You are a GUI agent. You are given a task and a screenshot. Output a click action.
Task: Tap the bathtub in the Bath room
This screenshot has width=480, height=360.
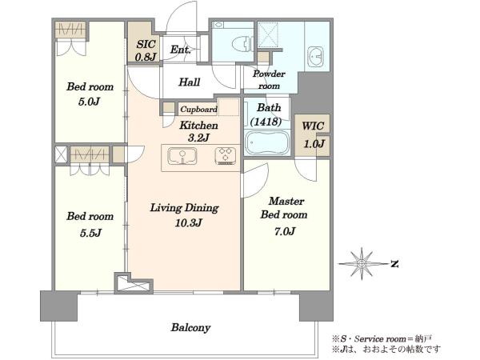pyautogui.click(x=267, y=142)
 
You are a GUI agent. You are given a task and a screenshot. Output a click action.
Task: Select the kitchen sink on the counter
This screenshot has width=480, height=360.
pyautogui.click(x=182, y=156)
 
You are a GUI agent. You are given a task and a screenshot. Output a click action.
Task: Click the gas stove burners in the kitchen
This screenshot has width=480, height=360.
pyautogui.click(x=226, y=156)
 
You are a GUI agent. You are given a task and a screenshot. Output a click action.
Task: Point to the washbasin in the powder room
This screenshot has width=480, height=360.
pyautogui.click(x=315, y=56)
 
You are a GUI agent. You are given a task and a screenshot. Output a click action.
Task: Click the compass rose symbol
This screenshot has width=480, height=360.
pyautogui.click(x=362, y=263)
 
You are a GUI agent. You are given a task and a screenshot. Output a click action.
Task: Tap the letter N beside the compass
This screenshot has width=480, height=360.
pyautogui.click(x=394, y=264)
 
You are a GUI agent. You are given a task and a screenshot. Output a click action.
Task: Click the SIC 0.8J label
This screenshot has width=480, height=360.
pyautogui.click(x=146, y=50)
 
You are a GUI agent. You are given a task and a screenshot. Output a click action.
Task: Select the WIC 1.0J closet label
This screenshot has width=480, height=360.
pyautogui.click(x=313, y=134)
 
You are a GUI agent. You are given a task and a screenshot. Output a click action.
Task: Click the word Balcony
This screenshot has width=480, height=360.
pyautogui.click(x=190, y=328)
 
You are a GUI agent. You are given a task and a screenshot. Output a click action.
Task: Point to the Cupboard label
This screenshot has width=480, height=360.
pyautogui.click(x=198, y=110)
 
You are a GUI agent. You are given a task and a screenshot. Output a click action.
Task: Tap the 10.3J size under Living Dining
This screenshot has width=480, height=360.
pyautogui.click(x=189, y=223)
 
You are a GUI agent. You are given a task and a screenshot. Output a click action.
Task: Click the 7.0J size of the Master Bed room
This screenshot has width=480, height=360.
pyautogui.click(x=285, y=231)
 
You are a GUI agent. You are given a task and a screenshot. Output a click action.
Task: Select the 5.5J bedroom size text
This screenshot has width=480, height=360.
pyautogui.click(x=90, y=234)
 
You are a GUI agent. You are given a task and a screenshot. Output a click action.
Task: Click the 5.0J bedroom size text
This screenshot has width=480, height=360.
pyautogui.click(x=89, y=102)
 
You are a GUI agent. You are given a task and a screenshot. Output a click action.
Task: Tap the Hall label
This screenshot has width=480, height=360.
pyautogui.click(x=189, y=82)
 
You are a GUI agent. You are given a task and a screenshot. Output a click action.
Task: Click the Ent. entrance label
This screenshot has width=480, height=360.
pyautogui.click(x=180, y=50)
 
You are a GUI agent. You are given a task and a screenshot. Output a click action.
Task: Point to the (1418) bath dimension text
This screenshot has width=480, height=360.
pyautogui.click(x=266, y=122)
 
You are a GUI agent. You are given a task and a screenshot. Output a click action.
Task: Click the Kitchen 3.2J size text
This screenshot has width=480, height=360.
pyautogui.click(x=198, y=138)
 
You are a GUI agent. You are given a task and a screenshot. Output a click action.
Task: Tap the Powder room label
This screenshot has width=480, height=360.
pyautogui.click(x=269, y=79)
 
